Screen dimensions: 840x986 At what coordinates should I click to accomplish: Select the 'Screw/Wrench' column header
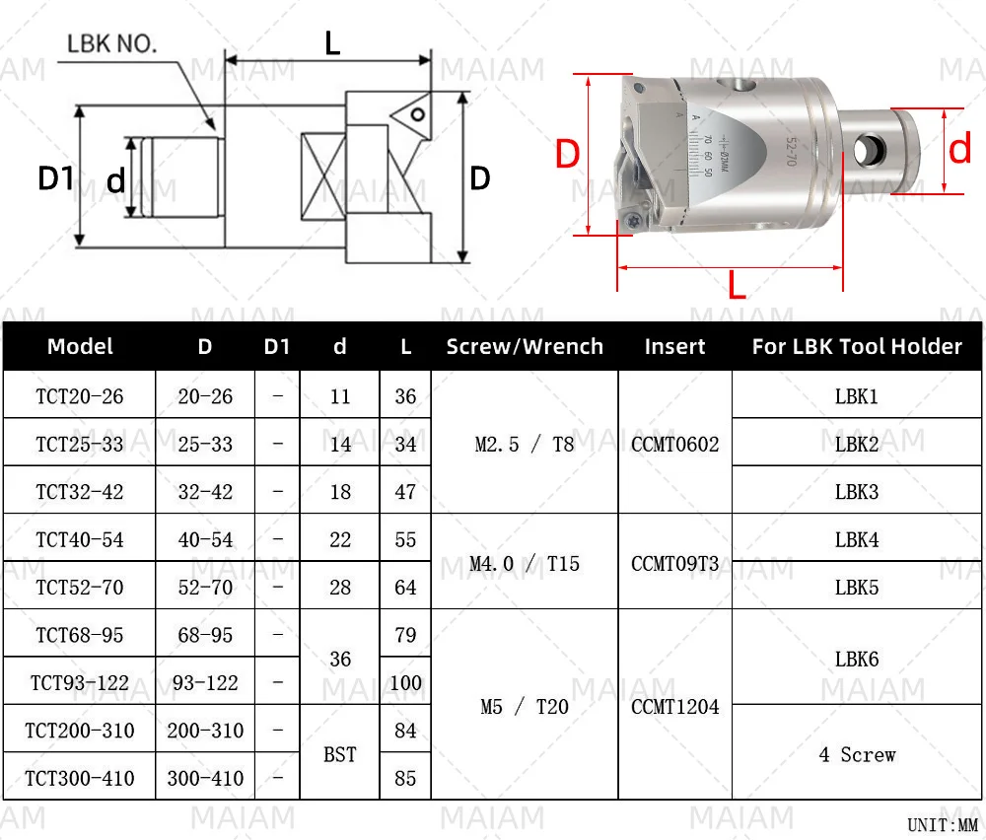pos(524,346)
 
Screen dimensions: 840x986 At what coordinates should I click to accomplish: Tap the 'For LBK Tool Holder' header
pos(856,346)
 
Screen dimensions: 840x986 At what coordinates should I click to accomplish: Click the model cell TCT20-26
pos(80,396)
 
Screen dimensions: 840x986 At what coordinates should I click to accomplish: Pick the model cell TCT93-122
pos(80,682)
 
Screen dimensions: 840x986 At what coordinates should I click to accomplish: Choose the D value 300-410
pos(205,778)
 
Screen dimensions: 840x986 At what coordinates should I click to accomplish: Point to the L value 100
pos(405,682)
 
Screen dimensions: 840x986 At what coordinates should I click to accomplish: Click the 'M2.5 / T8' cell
pos(524,444)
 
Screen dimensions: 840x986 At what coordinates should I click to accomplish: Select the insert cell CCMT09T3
pos(675,563)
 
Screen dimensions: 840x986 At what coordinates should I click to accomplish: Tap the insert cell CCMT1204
pos(675,706)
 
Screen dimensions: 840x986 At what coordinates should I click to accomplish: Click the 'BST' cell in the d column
pos(340,754)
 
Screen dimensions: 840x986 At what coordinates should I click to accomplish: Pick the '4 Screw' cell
pos(856,754)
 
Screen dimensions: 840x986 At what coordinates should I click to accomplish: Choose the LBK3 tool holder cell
pos(856,491)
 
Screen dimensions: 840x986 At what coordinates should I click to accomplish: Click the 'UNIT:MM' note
pos(941,824)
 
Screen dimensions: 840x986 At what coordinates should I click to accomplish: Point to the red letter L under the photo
pos(737,286)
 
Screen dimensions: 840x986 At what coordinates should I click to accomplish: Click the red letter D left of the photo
pos(566,155)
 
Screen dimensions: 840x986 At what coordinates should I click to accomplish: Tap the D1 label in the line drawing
pos(55,178)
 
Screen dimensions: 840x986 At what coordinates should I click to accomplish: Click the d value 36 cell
pos(340,659)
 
